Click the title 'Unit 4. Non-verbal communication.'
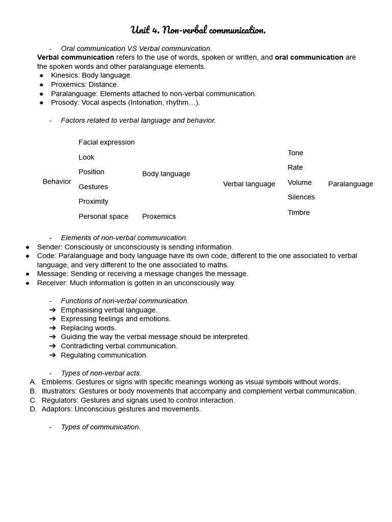[198, 30]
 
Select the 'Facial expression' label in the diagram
[107, 142]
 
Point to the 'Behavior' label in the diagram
[57, 181]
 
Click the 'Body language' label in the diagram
[166, 174]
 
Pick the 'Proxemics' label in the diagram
[159, 217]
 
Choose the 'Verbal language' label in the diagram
[249, 184]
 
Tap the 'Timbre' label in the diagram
[299, 213]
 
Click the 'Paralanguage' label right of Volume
[350, 184]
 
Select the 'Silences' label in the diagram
[301, 197]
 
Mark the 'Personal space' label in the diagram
[103, 217]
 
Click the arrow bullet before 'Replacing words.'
[53, 328]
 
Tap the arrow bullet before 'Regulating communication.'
[53, 355]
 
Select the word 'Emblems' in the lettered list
[57, 382]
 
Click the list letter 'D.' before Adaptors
[33, 409]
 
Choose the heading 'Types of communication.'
[101, 427]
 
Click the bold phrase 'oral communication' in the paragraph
[309, 58]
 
